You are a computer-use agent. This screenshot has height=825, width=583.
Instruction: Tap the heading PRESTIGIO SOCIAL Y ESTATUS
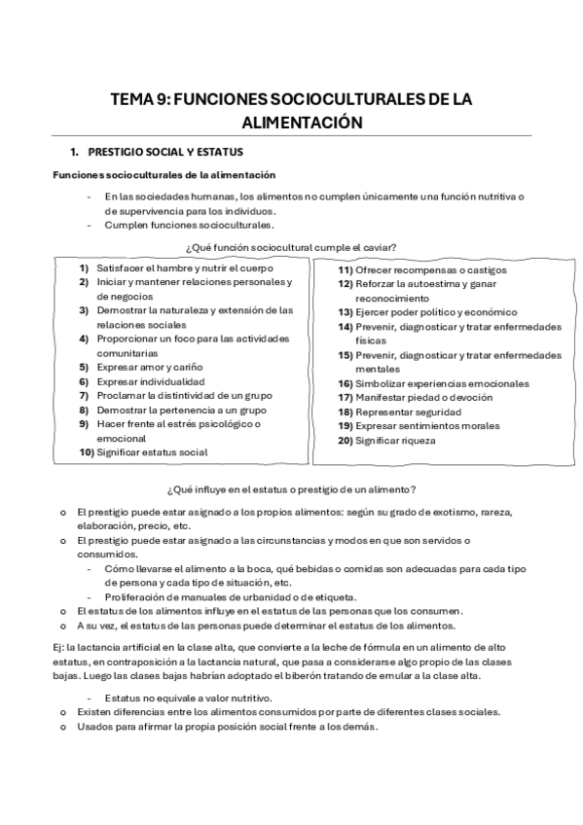click(x=164, y=153)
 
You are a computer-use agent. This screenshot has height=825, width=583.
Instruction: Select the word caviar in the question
click(x=379, y=246)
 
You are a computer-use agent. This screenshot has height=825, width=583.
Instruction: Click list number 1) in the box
click(x=85, y=268)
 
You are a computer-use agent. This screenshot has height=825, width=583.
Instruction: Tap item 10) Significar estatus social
click(x=152, y=452)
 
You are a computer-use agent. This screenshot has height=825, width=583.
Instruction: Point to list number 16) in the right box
click(x=345, y=383)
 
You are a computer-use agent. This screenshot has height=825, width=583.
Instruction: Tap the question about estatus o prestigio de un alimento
click(x=292, y=488)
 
